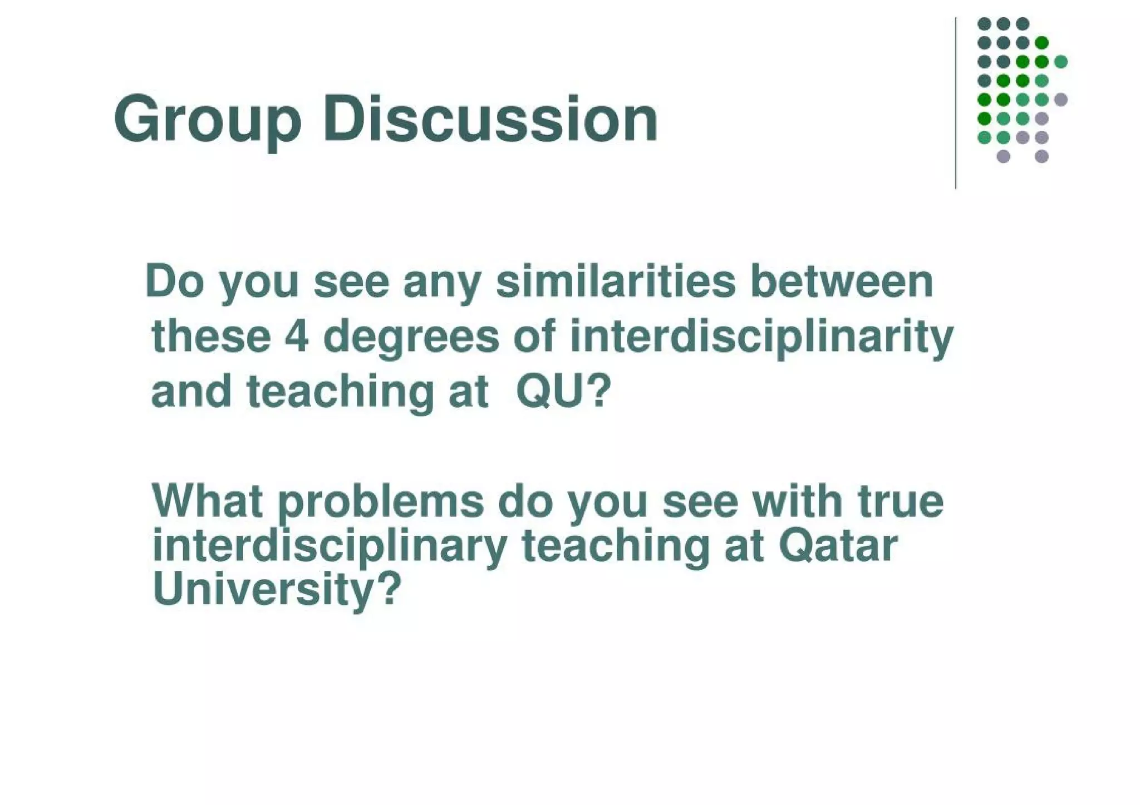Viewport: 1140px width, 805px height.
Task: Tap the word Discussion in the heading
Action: [x=490, y=118]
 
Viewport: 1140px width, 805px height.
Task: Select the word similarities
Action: [x=615, y=282]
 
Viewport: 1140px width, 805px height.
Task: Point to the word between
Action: [x=841, y=282]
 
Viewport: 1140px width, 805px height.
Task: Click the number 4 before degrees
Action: [x=296, y=337]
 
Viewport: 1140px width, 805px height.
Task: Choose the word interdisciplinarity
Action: [x=761, y=337]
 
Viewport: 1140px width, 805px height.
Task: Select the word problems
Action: [x=381, y=502]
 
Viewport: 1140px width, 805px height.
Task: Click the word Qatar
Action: [x=838, y=546]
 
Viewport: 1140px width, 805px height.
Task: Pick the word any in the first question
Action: [x=441, y=283]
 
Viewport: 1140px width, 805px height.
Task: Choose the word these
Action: [x=211, y=337]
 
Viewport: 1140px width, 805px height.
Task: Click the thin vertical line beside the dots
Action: [x=956, y=103]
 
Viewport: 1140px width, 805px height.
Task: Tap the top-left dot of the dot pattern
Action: [x=984, y=23]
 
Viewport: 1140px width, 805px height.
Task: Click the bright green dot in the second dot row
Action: [x=1041, y=42]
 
